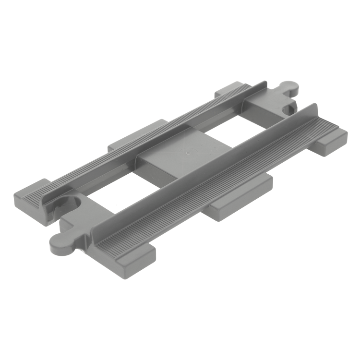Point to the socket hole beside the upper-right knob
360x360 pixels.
pos(289,109)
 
